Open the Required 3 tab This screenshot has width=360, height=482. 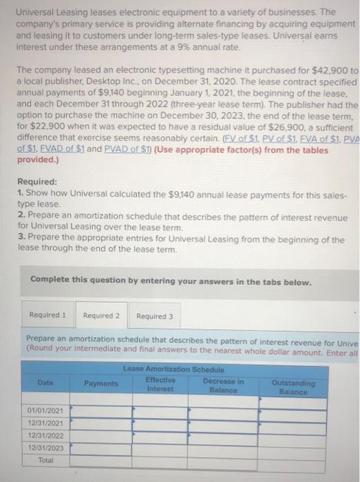[154, 316]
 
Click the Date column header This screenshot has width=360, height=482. [45, 383]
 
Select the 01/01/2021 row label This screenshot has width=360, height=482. [45, 411]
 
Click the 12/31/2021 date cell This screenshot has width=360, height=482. [45, 422]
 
